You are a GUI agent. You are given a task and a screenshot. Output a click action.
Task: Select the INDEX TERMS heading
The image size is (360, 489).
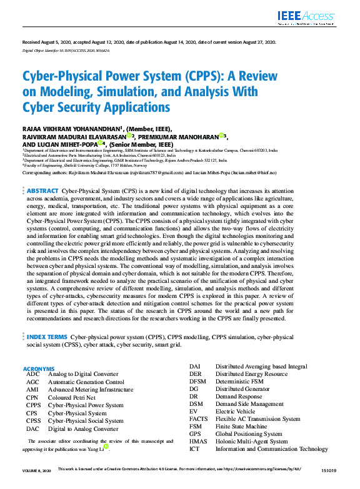point(47,337)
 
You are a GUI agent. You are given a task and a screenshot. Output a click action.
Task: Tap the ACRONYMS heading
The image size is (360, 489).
point(38,368)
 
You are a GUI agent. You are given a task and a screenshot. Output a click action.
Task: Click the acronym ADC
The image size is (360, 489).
point(32,374)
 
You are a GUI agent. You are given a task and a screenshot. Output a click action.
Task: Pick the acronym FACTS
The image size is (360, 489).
point(198,418)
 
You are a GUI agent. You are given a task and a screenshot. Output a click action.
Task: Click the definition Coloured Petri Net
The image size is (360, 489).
point(71,397)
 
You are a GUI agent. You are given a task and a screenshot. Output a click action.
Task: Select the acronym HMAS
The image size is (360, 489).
point(198,441)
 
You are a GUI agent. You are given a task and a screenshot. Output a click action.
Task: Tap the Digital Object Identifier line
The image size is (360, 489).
point(66,50)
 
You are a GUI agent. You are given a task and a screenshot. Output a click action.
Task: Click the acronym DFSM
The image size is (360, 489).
point(197,381)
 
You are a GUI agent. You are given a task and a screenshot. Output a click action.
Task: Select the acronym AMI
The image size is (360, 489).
point(32,389)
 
